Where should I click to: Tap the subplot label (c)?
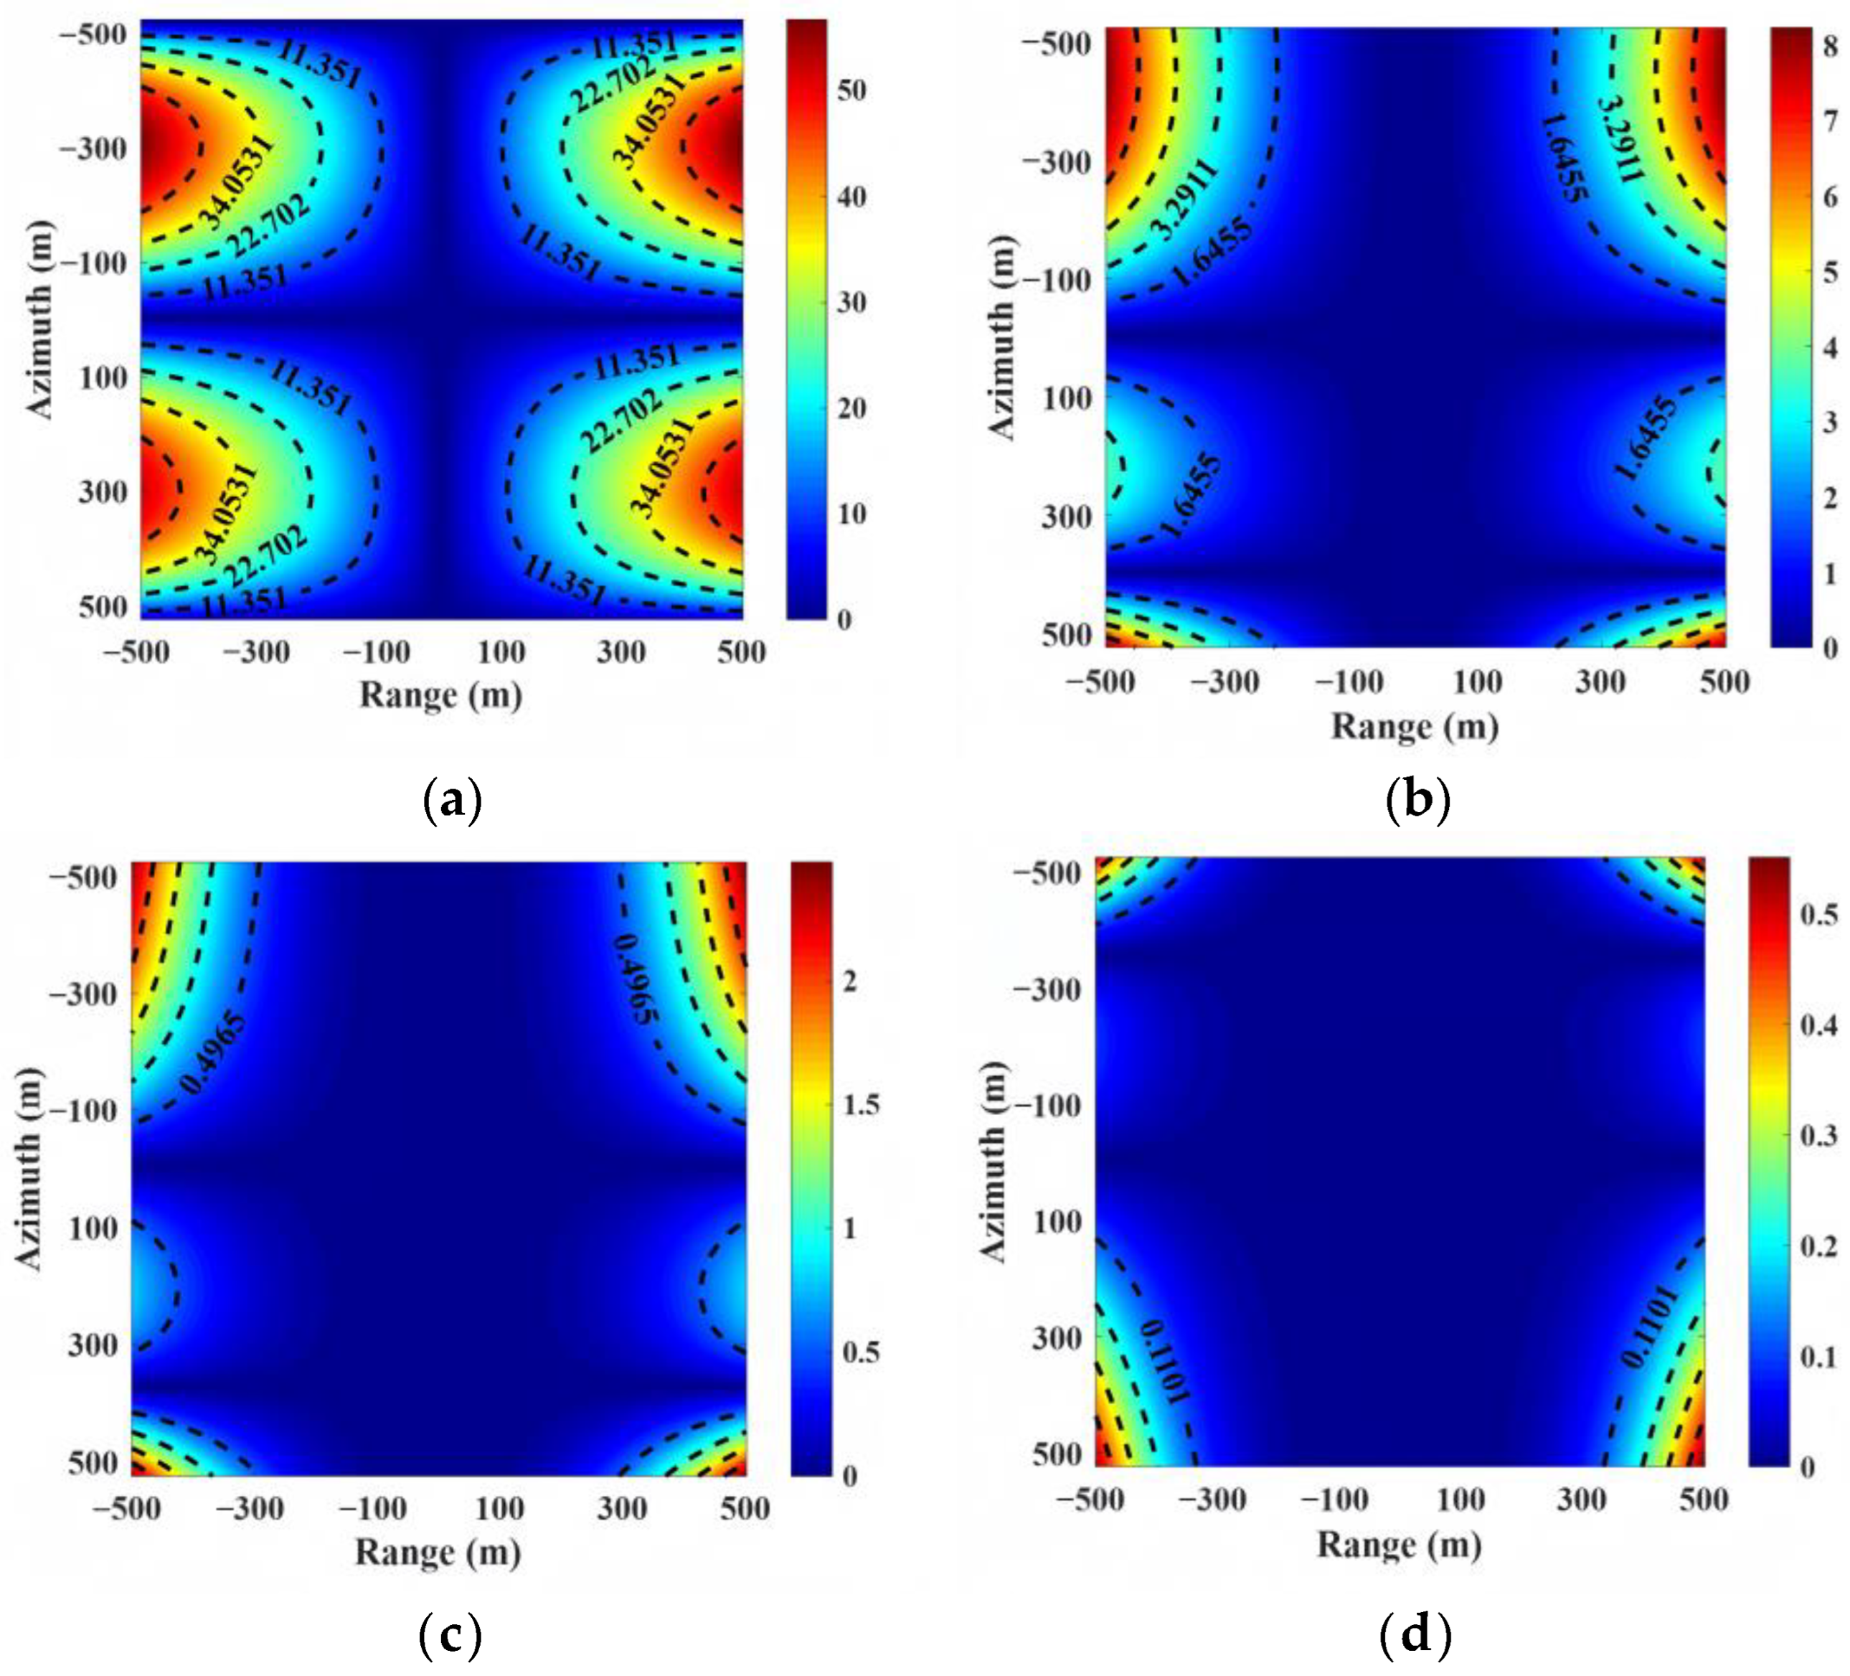450,1634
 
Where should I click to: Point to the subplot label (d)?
1416,1634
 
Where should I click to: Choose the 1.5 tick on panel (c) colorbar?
862,1104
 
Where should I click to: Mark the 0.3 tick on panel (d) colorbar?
1820,1135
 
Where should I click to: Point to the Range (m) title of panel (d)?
1400,1545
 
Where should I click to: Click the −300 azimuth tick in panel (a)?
93,149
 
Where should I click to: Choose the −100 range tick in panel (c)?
374,1508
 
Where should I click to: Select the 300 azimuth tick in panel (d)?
1058,1337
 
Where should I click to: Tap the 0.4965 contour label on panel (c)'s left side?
213,1053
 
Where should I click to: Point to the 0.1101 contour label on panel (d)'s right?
1649,1327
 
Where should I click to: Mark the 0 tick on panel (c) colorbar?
850,1476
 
